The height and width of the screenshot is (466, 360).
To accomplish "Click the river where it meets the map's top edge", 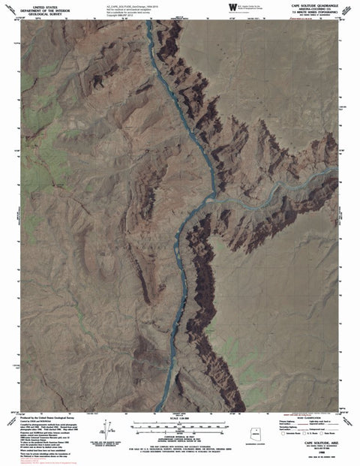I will (x=149, y=23).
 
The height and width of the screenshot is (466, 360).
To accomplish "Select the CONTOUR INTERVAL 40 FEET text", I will (x=180, y=438).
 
